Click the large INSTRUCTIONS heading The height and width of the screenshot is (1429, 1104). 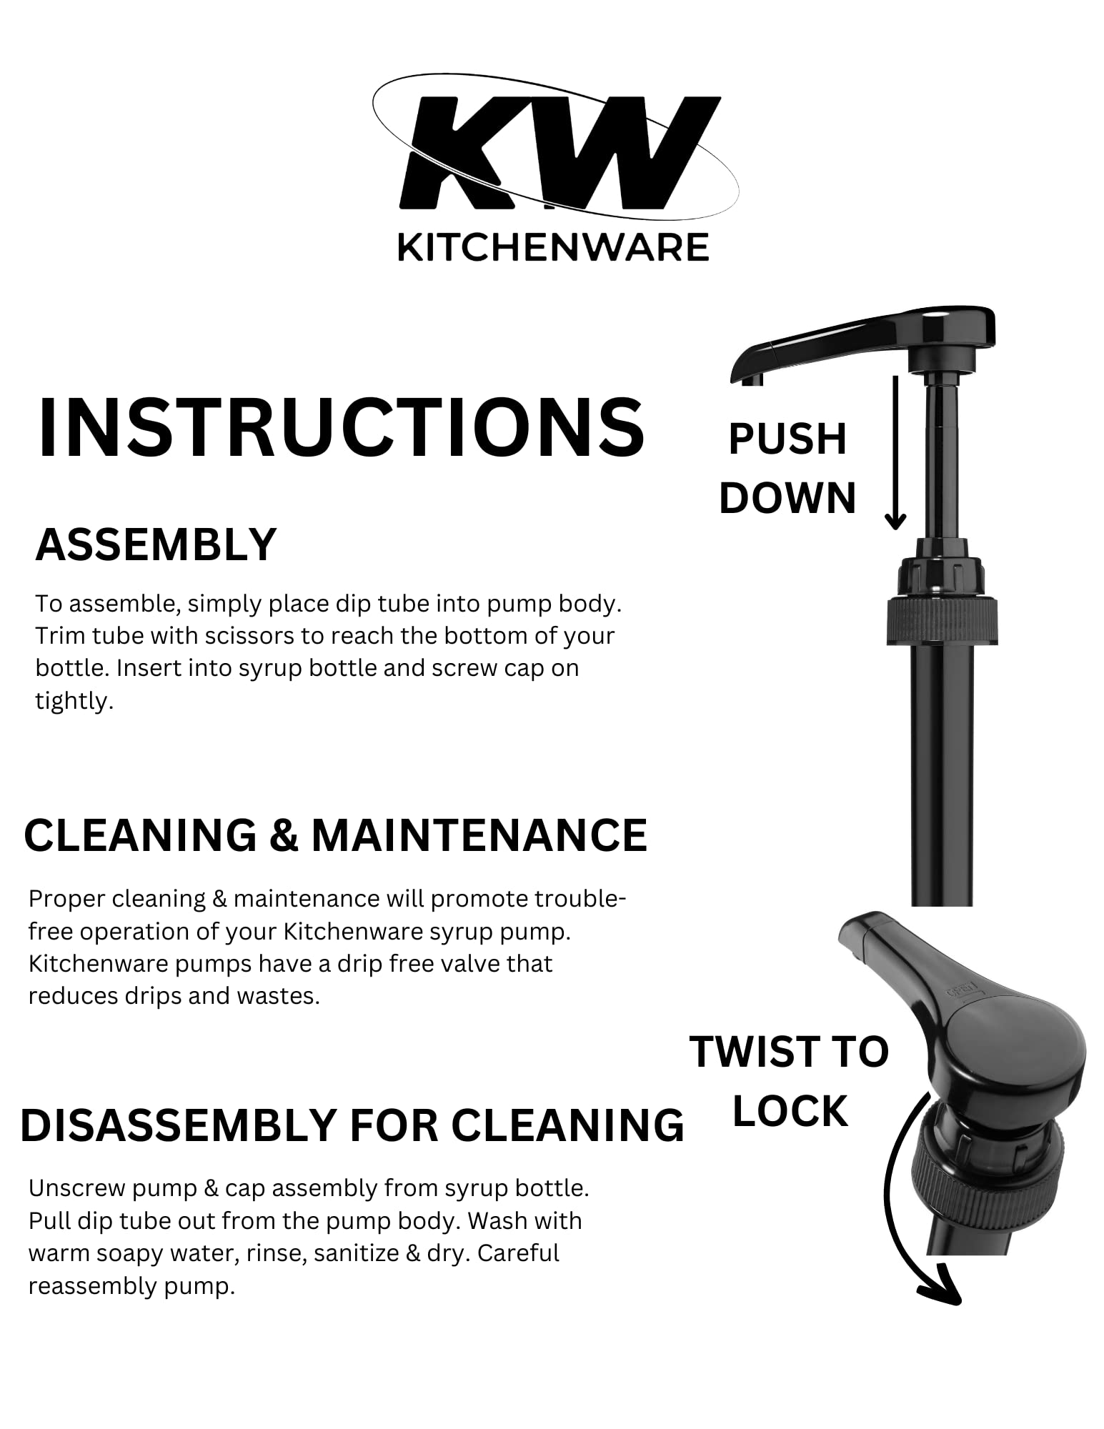tap(341, 427)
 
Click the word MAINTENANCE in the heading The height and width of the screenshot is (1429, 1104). tap(479, 835)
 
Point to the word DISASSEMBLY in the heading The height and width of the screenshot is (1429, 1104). tap(179, 1125)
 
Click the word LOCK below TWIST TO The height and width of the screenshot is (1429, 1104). tap(790, 1112)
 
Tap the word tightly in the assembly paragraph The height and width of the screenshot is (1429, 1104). tap(74, 701)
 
